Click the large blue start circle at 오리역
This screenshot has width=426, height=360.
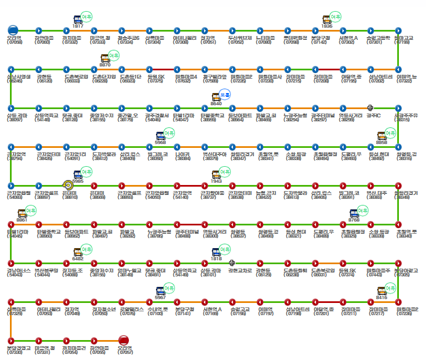13,30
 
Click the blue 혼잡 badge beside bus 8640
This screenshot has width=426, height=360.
225,95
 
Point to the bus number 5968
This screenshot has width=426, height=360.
160,141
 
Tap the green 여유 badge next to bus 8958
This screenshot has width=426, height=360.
391,133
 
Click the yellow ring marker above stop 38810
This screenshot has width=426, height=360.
67,185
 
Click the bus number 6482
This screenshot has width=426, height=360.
77,258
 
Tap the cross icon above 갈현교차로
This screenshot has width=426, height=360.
232,262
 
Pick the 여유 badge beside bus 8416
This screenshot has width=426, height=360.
391,289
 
